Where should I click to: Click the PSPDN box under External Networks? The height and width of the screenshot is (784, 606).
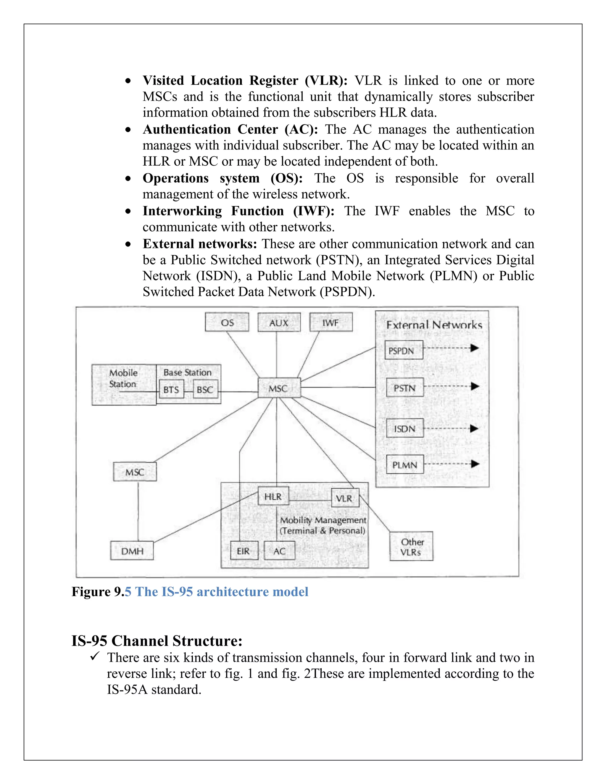(x=404, y=350)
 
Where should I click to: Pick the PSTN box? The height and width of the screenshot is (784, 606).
(x=404, y=387)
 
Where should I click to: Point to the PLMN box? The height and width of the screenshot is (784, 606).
(x=404, y=464)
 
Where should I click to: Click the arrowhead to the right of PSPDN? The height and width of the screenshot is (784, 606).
(x=475, y=348)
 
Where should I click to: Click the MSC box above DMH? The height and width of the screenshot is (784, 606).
(x=135, y=472)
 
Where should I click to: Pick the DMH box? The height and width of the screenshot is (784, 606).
(x=132, y=551)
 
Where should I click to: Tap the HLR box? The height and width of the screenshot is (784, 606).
(x=273, y=496)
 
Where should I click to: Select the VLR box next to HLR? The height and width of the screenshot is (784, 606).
(x=345, y=498)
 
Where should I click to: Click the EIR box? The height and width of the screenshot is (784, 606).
(x=244, y=551)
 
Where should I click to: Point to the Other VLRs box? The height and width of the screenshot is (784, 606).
(x=411, y=546)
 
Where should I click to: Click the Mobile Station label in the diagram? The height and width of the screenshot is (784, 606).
(x=123, y=378)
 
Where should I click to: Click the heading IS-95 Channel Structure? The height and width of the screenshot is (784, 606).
(x=157, y=641)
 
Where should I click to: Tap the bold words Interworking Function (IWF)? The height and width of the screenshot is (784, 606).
(x=238, y=211)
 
